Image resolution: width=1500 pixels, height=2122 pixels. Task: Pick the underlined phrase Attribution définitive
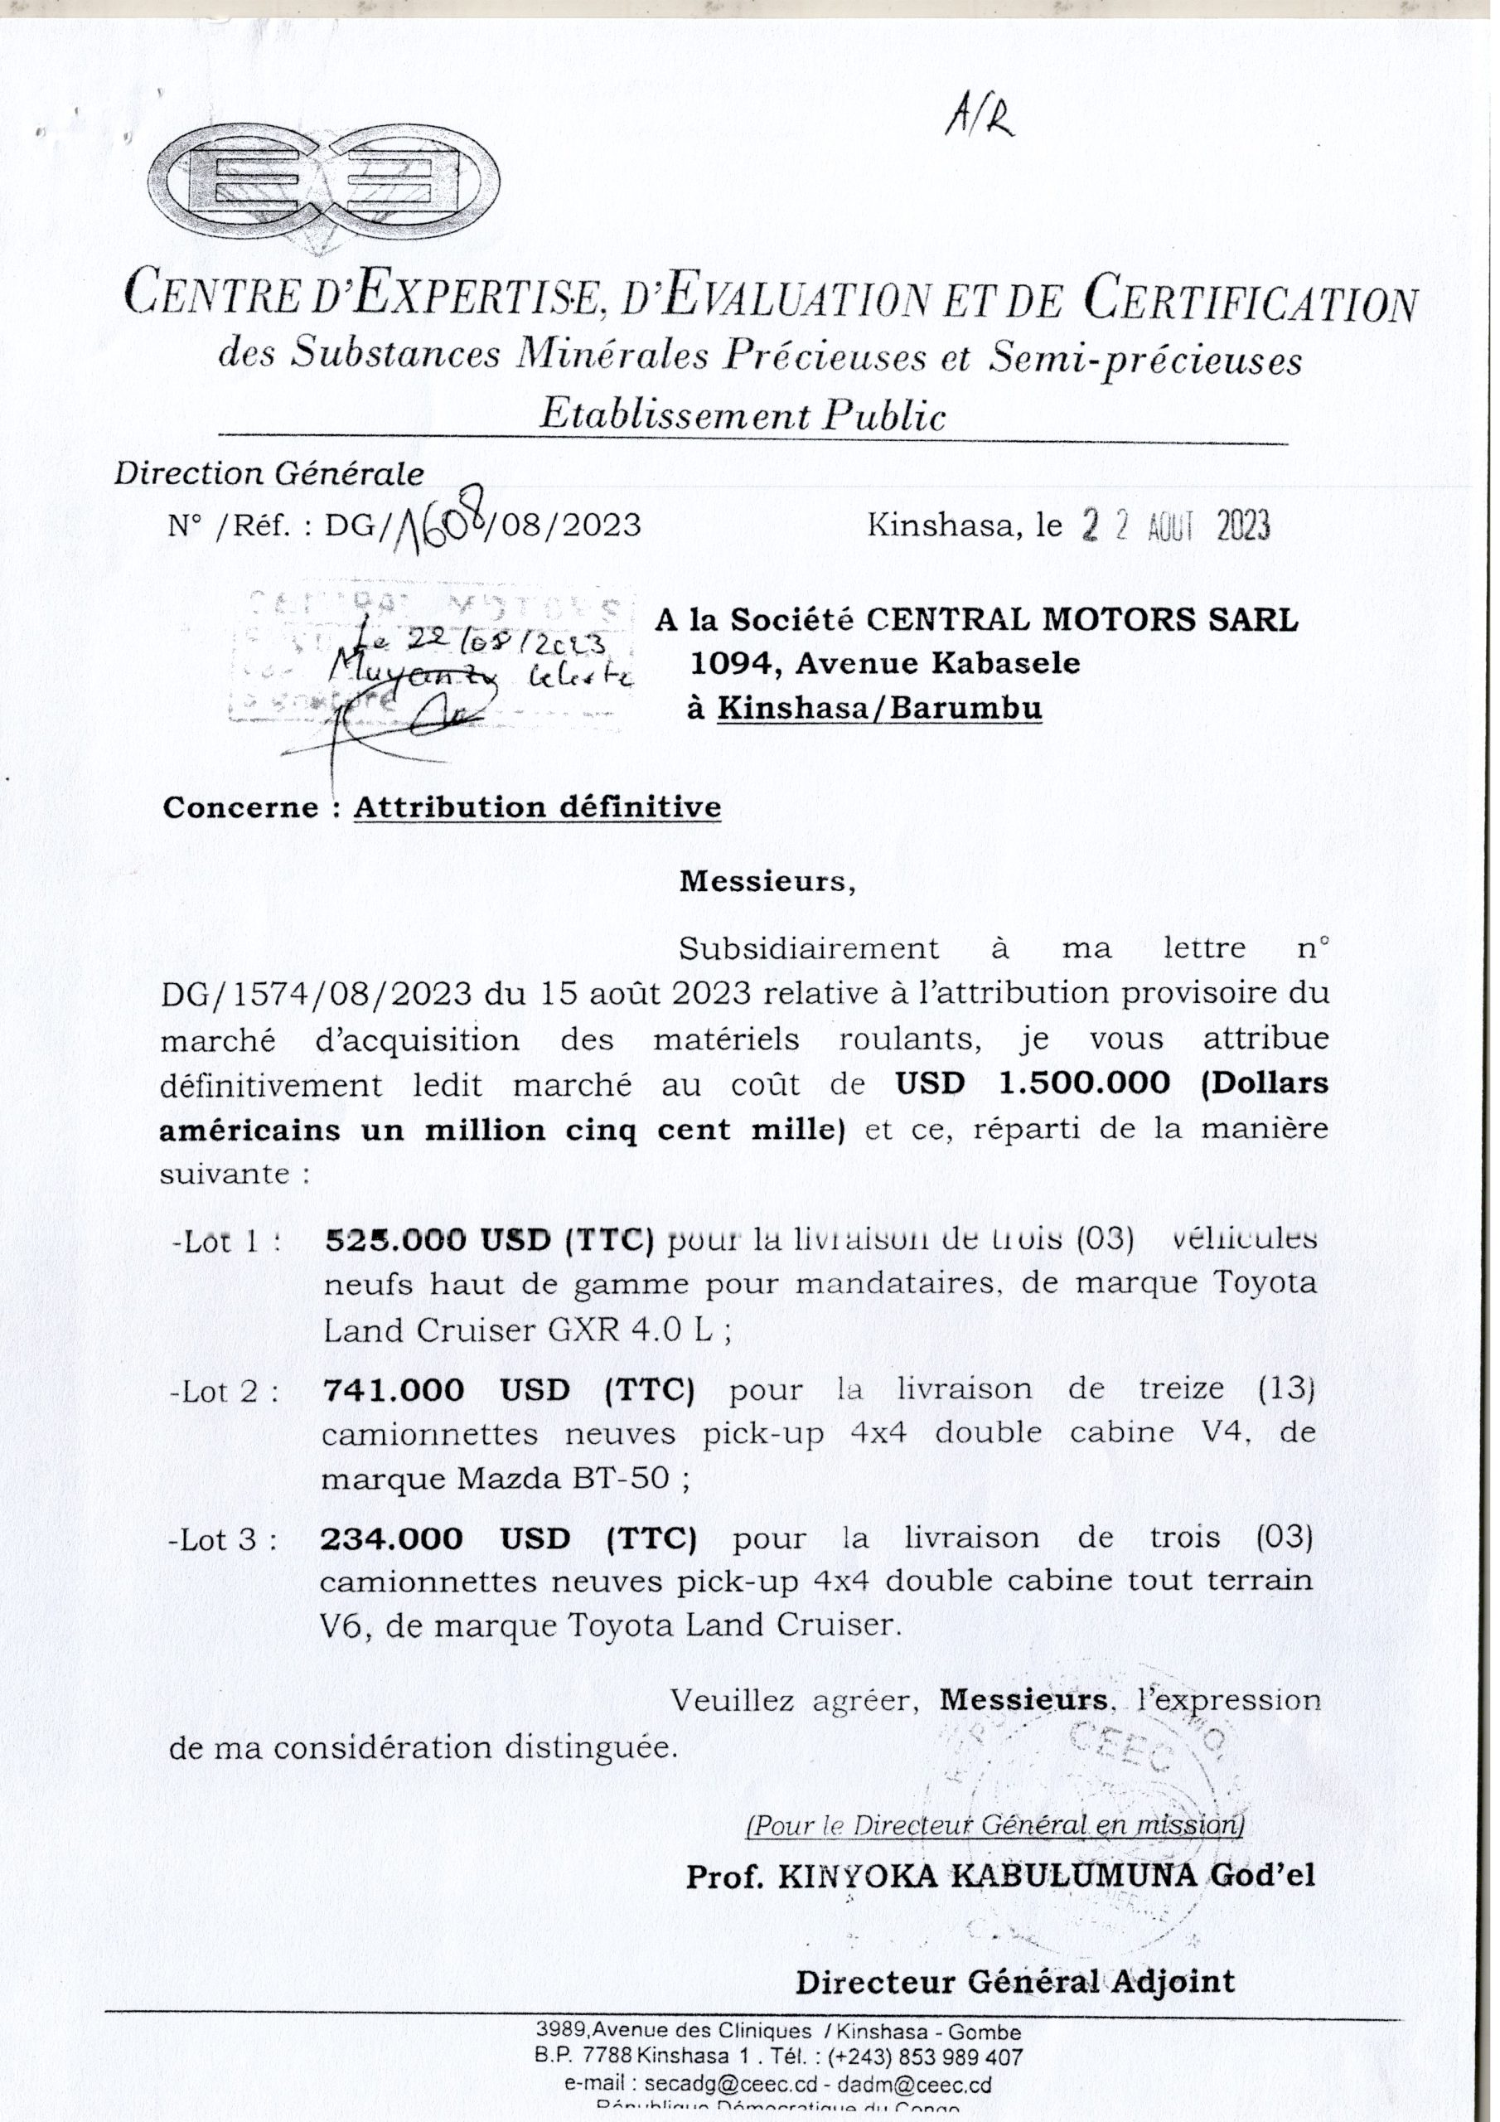(537, 807)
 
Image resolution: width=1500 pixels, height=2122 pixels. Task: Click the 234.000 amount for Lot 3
(392, 1538)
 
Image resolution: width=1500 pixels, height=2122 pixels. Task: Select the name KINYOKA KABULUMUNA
(986, 1876)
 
